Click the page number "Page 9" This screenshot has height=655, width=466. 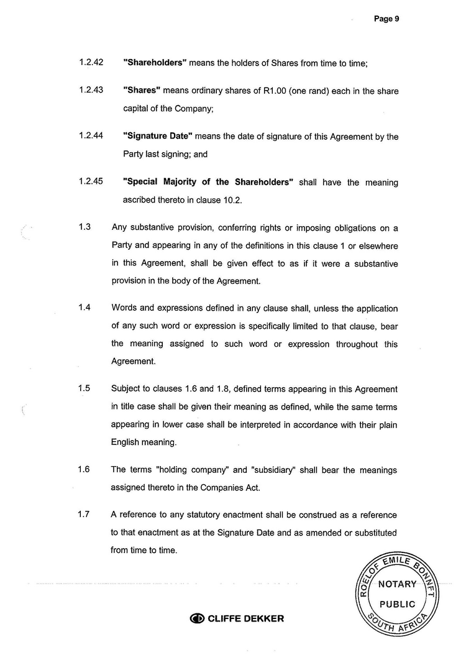pos(386,19)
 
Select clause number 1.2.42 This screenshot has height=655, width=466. pos(91,62)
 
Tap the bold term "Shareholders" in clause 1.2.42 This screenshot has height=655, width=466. pos(155,63)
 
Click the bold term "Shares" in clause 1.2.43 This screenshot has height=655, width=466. pos(142,90)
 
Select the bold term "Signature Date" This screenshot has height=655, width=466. pos(158,137)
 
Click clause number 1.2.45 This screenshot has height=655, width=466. pos(91,182)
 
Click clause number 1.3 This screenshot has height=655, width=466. pos(85,227)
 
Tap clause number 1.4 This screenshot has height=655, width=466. pos(85,308)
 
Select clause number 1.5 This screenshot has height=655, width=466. pos(85,388)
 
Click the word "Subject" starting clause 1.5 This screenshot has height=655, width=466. pos(126,389)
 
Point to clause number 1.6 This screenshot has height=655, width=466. pos(85,469)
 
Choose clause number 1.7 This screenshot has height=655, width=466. pos(85,514)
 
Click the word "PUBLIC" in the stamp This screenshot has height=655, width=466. pos(397,604)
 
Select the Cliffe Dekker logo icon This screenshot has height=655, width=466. pos(197,618)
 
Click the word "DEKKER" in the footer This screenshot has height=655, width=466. pos(262,618)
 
